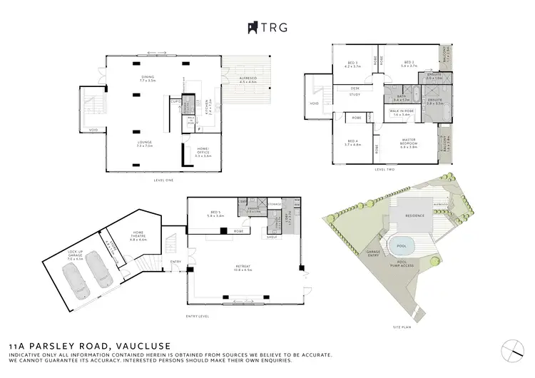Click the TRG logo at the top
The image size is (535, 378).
point(267,27)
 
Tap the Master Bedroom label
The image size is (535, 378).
point(409,145)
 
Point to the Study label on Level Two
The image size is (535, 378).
point(355,93)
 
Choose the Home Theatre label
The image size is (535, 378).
point(138,237)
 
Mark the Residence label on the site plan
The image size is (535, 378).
point(415,215)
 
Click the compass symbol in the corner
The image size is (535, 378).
point(512,348)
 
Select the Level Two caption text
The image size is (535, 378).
point(384,169)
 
